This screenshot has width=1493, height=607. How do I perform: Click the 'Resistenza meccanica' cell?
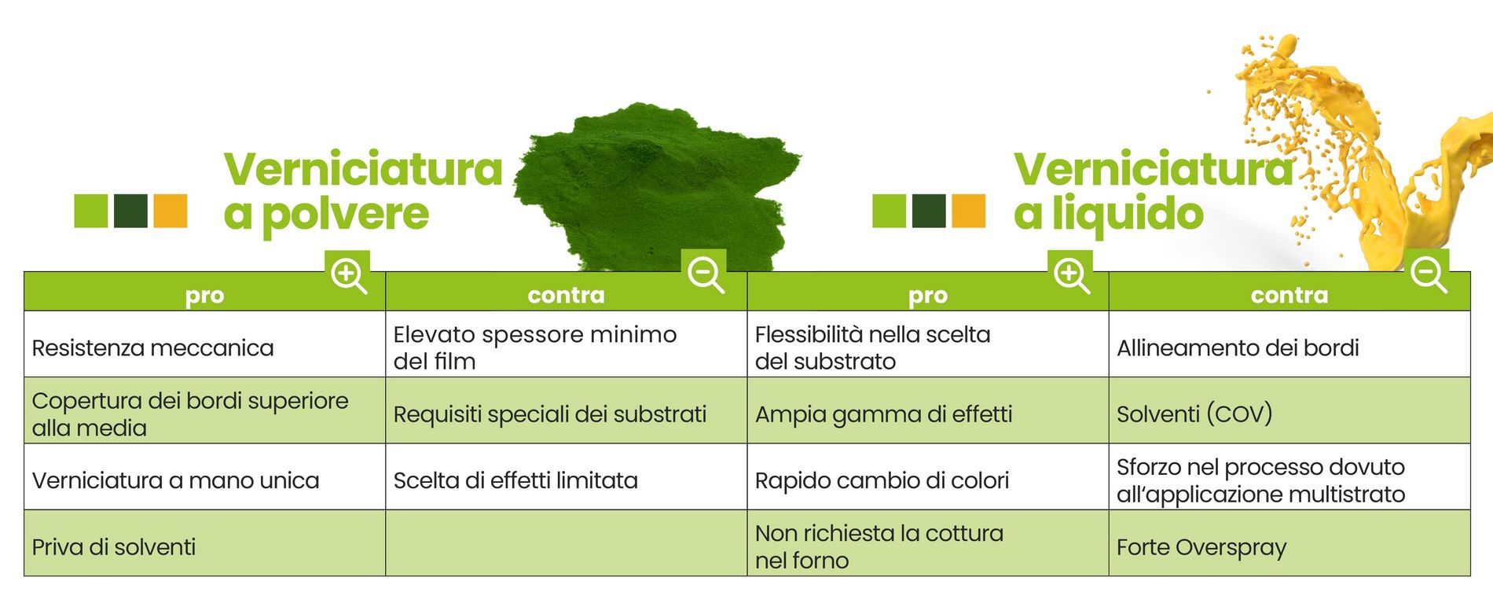[x=204, y=344]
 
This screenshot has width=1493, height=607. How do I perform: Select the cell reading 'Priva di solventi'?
[x=204, y=543]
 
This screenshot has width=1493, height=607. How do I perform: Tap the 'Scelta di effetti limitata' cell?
[x=566, y=477]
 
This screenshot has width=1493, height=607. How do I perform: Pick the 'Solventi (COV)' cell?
[x=1289, y=410]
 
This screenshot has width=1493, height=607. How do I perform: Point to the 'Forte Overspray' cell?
[x=1289, y=543]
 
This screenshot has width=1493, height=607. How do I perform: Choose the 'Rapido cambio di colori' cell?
[x=927, y=477]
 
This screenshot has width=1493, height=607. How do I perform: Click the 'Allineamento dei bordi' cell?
[x=1289, y=344]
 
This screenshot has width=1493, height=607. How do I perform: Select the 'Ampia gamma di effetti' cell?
[x=927, y=410]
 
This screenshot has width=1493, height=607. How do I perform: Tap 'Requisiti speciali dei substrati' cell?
[x=566, y=410]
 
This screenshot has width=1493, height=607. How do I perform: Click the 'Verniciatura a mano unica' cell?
[x=204, y=477]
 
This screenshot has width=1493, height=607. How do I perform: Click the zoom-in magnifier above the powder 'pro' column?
[x=348, y=276]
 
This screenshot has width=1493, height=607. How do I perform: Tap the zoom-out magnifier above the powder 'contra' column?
[x=705, y=275]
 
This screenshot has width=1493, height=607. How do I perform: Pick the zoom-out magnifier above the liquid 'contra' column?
[x=1428, y=275]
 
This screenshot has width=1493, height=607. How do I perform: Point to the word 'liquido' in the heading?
[x=1128, y=213]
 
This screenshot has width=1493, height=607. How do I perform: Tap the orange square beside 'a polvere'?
[x=170, y=211]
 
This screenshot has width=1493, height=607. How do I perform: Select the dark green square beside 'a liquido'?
[x=929, y=211]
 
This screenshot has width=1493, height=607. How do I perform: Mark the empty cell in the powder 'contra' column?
[x=566, y=543]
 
